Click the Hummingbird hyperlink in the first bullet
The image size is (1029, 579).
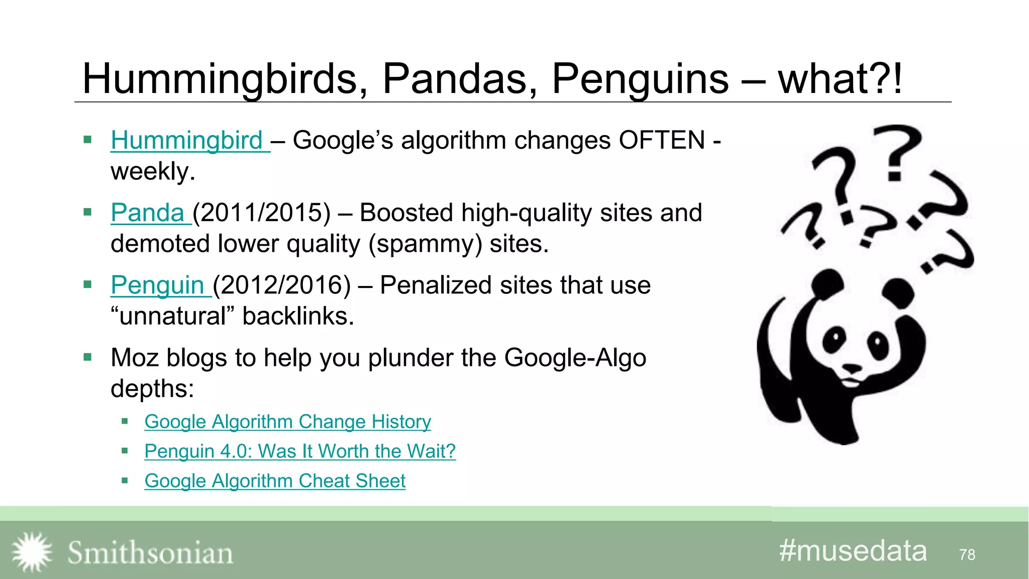[186, 140]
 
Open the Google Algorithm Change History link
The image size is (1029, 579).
[287, 422]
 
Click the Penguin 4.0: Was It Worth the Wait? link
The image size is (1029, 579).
[300, 451]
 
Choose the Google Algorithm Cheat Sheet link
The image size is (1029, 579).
[275, 481]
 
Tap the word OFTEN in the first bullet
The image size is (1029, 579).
[662, 140]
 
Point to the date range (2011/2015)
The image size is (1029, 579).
[261, 213]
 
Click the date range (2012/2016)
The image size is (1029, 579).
[281, 285]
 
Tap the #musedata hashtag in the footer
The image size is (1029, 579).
[853, 551]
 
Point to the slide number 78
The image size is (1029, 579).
[967, 554]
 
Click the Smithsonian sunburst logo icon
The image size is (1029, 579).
[32, 552]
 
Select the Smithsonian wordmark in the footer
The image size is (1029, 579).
[150, 553]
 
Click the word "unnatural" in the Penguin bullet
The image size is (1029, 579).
[172, 316]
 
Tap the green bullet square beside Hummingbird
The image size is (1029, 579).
[88, 140]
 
